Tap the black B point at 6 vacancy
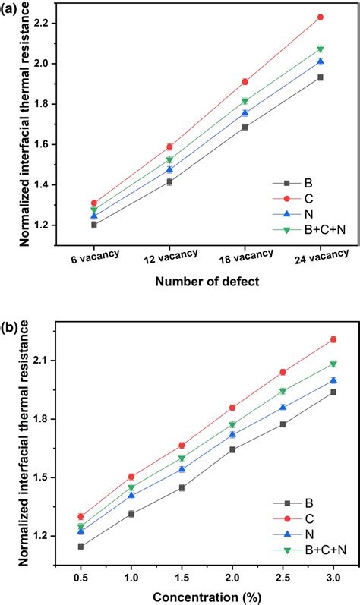pyautogui.click(x=94, y=225)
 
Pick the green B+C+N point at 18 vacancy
pyautogui.click(x=245, y=101)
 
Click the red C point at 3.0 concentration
pyautogui.click(x=333, y=339)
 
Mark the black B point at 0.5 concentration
pyautogui.click(x=81, y=546)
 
